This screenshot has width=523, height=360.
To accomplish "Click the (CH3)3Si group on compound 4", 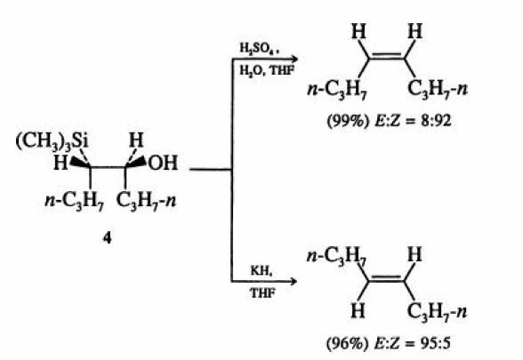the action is click(x=52, y=141).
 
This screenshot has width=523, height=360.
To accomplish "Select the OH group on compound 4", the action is click(x=163, y=164).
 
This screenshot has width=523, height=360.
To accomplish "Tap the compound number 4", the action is click(x=107, y=238).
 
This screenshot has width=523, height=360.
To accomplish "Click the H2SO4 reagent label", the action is click(x=259, y=49).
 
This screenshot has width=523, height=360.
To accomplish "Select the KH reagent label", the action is click(x=261, y=271).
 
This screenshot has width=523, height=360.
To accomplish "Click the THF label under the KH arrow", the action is click(x=263, y=293).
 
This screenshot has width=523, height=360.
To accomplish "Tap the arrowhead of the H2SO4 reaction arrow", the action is click(x=294, y=60).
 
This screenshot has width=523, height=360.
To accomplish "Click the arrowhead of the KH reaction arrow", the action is click(x=293, y=282).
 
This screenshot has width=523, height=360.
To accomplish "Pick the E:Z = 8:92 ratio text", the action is click(x=414, y=121).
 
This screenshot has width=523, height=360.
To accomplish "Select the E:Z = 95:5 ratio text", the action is click(x=413, y=343).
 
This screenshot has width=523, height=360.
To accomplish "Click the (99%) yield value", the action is click(x=349, y=121).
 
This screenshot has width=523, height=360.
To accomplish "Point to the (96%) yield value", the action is click(x=349, y=343).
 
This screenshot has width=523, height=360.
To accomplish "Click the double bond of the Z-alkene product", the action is click(x=387, y=57).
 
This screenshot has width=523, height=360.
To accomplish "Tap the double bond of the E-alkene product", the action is click(x=387, y=279).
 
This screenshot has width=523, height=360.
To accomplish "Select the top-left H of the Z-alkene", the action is click(x=358, y=32).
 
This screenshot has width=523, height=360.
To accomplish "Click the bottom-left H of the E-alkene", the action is click(x=358, y=311).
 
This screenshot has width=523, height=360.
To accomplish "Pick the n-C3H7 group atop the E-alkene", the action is click(x=336, y=256).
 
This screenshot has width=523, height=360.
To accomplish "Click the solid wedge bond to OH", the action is click(x=136, y=163).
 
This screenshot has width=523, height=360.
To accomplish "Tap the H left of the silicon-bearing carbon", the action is click(x=60, y=164).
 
